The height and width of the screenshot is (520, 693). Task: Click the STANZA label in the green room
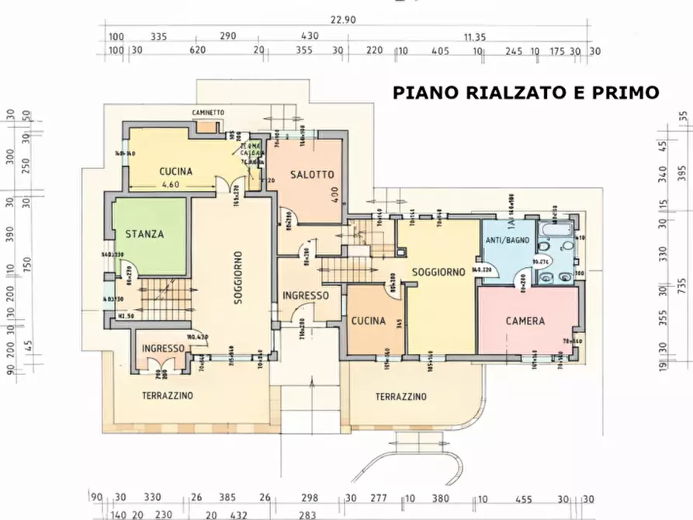[x=145, y=234]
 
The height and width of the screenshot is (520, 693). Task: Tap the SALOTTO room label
[x=302, y=175]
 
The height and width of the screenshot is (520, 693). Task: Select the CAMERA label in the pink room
[x=525, y=321]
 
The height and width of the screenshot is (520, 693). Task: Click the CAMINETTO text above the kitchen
[x=208, y=113]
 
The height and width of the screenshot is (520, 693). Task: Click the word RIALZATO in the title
[x=513, y=92]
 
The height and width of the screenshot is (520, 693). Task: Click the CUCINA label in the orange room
[x=369, y=321]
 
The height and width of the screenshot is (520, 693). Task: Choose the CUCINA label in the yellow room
[x=176, y=172]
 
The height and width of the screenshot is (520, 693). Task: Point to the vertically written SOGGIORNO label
[x=237, y=279]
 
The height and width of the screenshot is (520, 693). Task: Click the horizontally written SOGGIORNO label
[x=438, y=272]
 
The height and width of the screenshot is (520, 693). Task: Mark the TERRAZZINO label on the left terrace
[x=168, y=396]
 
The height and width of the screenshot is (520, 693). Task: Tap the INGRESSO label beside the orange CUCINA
[x=305, y=296]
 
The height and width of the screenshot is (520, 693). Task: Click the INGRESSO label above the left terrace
[x=163, y=349]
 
